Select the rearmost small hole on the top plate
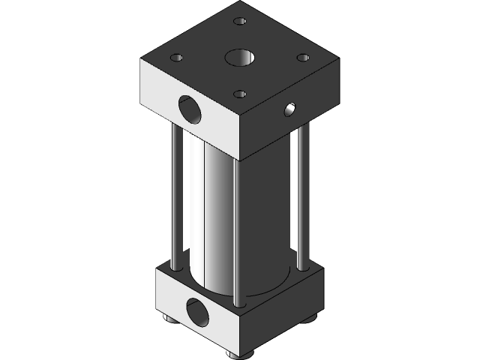tap(239, 22)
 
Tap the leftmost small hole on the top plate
tap(177, 57)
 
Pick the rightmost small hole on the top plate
tap(302, 57)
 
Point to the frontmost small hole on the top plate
tap(239, 94)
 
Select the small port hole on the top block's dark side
tap(289, 110)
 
